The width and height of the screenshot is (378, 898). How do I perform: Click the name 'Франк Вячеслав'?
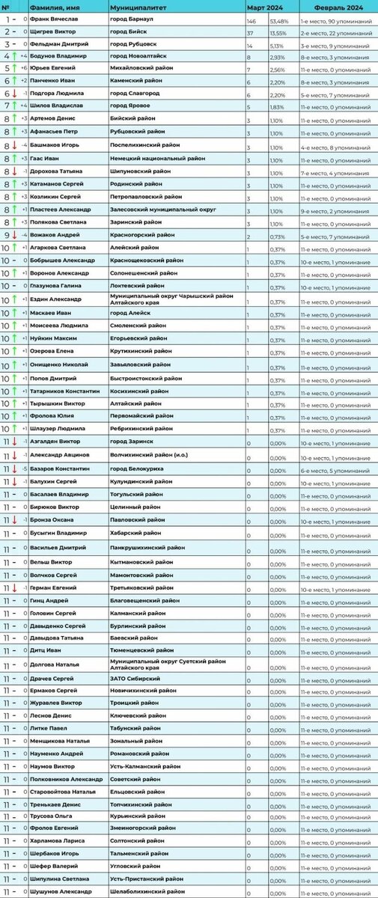[x=55, y=18]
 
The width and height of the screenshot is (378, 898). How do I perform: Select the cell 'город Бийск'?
[x=128, y=31]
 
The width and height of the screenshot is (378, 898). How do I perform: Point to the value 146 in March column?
[x=252, y=18]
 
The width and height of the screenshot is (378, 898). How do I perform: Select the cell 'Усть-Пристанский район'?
[x=145, y=879]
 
